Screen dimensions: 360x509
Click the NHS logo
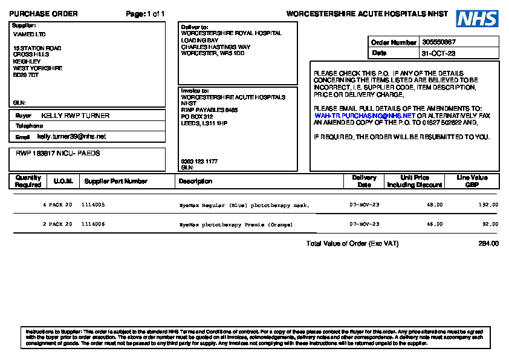[x=478, y=19]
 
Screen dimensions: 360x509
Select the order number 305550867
[x=439, y=42]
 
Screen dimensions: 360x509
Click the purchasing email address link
[x=365, y=115]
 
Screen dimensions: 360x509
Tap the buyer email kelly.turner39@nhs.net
[x=71, y=137]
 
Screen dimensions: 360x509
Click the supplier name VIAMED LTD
[x=30, y=34]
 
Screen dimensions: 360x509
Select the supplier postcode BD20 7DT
[x=26, y=75]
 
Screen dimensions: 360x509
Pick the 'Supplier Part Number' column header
[x=115, y=181]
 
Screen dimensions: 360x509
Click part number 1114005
[x=93, y=205]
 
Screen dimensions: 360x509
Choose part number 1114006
[x=93, y=224]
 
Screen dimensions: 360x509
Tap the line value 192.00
[x=488, y=205]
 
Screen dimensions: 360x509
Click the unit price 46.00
[x=435, y=224]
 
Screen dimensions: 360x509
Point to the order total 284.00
[x=488, y=244]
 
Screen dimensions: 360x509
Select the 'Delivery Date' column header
[x=364, y=181]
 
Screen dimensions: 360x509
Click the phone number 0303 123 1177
[x=199, y=162]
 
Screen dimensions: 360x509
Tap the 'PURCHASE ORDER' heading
[x=44, y=14]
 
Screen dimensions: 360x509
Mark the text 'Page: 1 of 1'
[x=145, y=14]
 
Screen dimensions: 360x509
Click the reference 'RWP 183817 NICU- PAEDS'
[x=58, y=154]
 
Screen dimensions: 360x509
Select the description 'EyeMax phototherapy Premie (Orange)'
[x=236, y=224]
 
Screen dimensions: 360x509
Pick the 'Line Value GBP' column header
[x=472, y=181]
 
